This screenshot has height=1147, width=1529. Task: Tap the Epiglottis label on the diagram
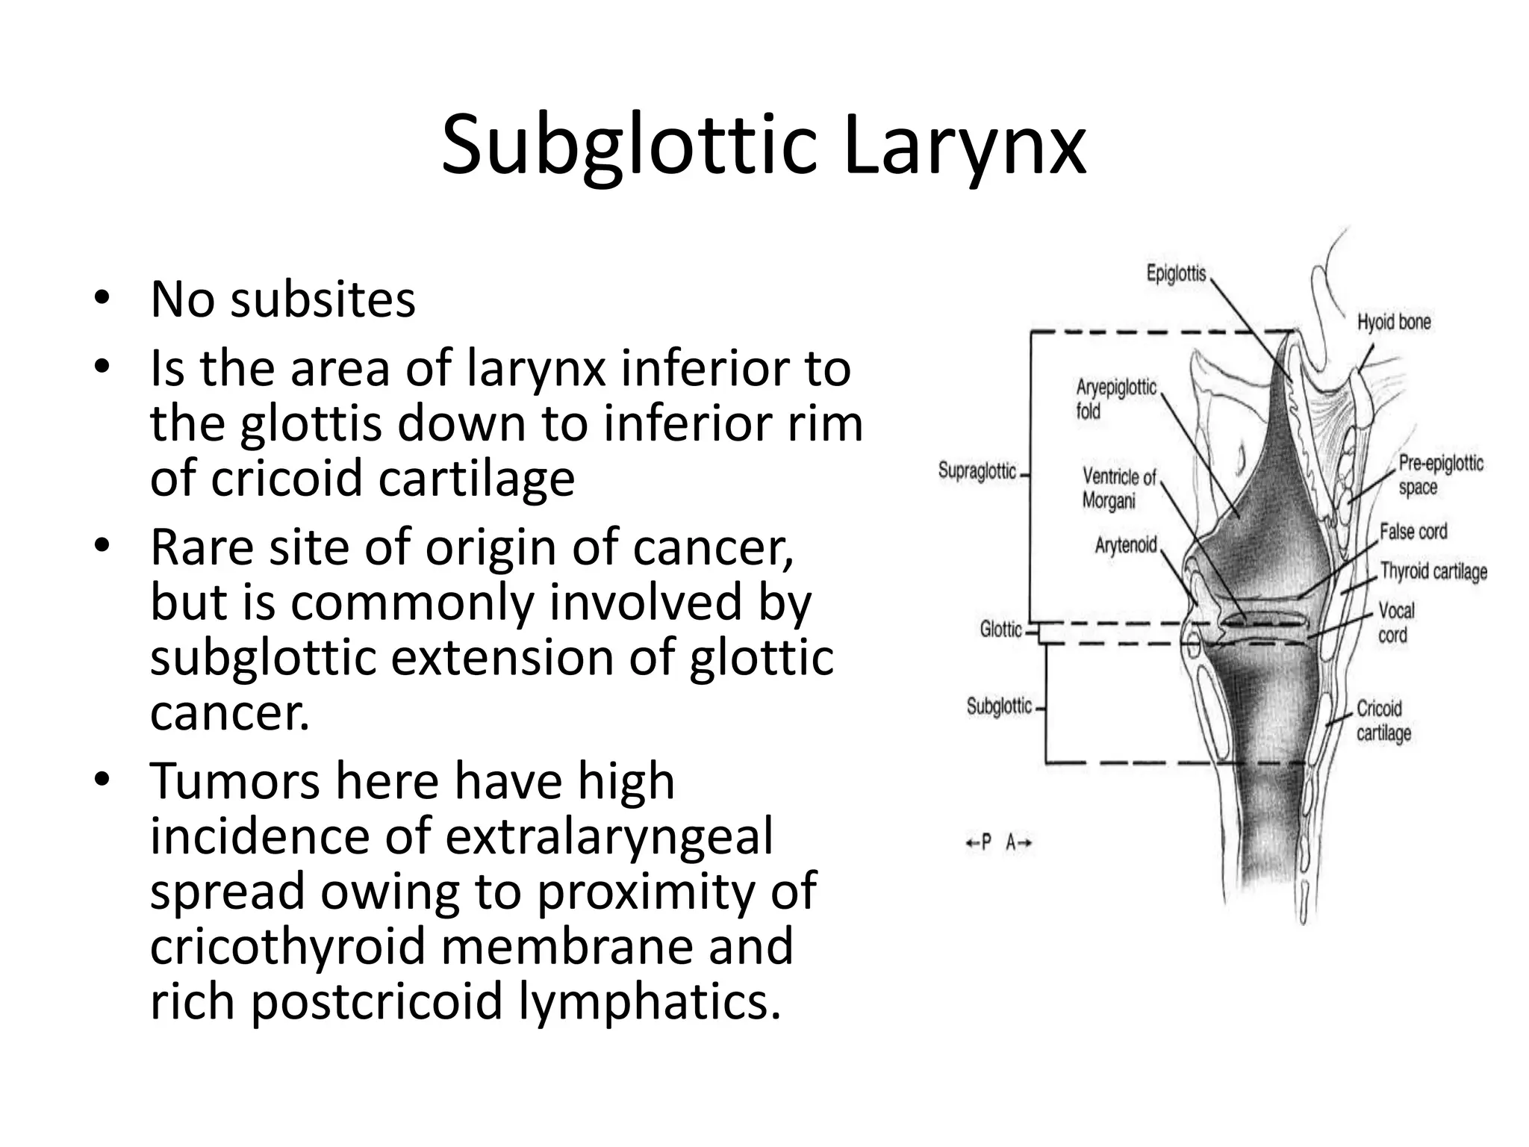(x=1176, y=273)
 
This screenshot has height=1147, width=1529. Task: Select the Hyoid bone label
(x=1393, y=323)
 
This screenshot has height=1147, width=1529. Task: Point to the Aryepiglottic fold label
(x=1115, y=399)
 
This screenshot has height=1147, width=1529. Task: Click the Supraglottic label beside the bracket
(x=977, y=471)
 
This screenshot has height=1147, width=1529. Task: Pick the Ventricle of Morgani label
(x=1118, y=488)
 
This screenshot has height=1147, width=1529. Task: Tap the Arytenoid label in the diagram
(x=1125, y=545)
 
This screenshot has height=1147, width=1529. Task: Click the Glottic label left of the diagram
(x=1000, y=630)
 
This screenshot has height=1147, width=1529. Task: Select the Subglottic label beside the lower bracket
(x=999, y=706)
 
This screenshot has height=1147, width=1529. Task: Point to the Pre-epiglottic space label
(x=1439, y=475)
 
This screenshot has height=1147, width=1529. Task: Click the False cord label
(x=1413, y=532)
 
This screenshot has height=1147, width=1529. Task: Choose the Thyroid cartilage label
(x=1433, y=572)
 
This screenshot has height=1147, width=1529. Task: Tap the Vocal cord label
(x=1395, y=622)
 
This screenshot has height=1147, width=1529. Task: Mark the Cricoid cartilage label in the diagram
(x=1383, y=720)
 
